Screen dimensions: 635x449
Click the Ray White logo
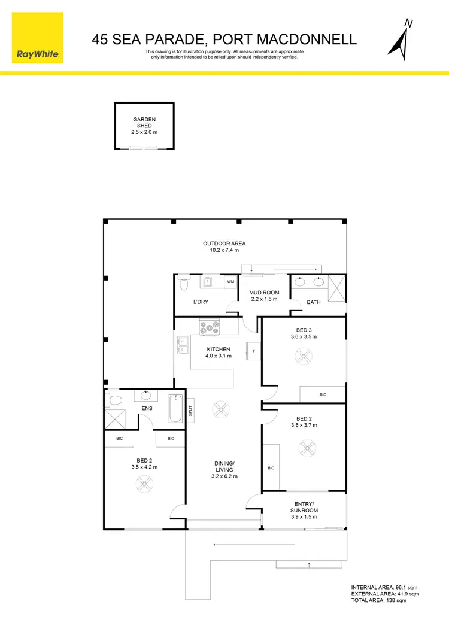(37, 37)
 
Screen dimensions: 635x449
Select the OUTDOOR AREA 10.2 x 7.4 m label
(224, 247)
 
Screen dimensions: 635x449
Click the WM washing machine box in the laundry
(230, 281)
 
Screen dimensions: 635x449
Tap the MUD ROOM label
(263, 296)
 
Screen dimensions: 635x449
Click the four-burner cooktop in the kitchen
(210, 327)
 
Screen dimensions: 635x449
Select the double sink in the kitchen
(182, 346)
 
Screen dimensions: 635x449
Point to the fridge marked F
(254, 351)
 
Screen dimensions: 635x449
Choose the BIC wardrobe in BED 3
(323, 395)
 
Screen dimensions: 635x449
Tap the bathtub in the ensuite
(176, 410)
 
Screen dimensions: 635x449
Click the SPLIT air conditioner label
(190, 411)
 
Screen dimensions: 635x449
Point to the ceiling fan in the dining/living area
(220, 410)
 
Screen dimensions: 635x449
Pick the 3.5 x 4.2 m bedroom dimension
(144, 467)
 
